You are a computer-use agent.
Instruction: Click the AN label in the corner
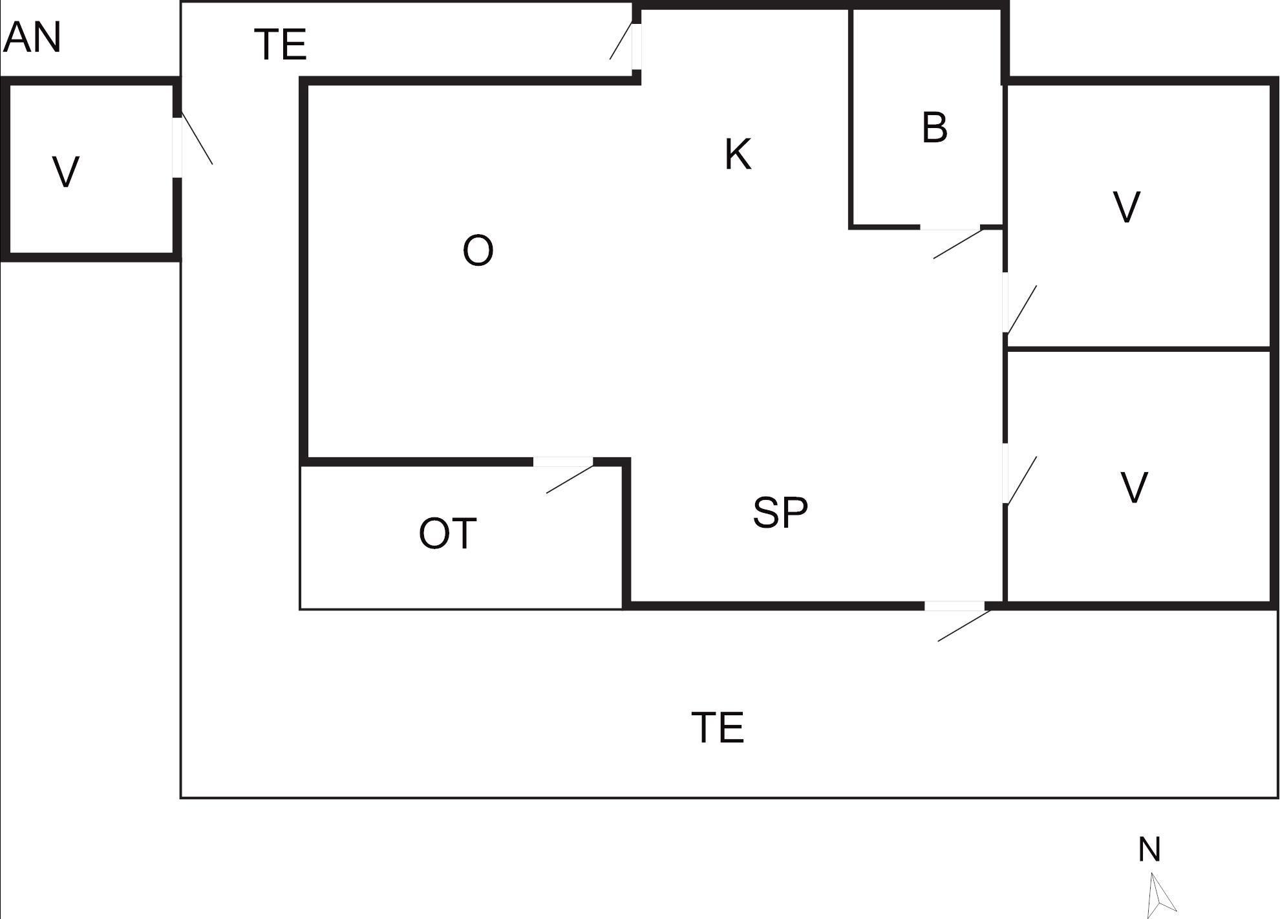[32, 38]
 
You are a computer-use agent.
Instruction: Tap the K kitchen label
[738, 155]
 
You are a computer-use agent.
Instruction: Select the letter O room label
[478, 250]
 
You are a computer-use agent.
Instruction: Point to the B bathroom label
[935, 127]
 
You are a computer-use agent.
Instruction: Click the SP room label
[780, 513]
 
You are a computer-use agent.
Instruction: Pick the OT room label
[447, 534]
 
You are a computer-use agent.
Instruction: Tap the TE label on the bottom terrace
[718, 727]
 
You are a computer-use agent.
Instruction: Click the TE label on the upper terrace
[281, 44]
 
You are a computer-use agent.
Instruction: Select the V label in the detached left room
[65, 172]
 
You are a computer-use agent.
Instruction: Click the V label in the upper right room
[1127, 207]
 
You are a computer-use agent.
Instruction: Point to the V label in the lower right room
[1134, 488]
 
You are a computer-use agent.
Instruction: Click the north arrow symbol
[1161, 895]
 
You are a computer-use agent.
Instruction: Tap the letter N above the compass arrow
[1149, 849]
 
